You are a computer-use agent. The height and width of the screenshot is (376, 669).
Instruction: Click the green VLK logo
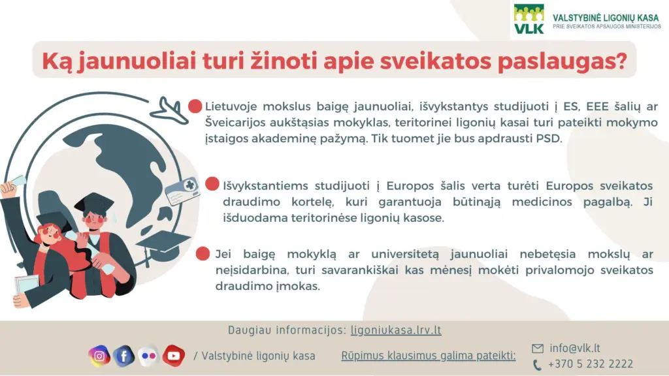click(529, 19)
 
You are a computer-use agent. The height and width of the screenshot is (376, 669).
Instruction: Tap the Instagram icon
click(99, 356)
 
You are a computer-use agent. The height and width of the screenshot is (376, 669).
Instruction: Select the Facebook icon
click(123, 356)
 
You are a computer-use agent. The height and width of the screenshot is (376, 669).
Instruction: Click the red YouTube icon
click(173, 356)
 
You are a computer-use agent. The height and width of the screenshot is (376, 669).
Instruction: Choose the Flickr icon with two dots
click(148, 356)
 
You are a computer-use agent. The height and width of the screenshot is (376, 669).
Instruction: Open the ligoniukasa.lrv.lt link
click(396, 330)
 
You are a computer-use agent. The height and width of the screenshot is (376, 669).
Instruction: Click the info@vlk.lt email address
click(575, 349)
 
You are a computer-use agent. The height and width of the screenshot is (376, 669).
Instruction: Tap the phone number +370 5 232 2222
click(591, 364)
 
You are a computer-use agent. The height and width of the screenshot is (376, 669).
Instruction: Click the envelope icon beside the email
click(538, 349)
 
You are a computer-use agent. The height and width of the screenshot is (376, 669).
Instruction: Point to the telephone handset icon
click(537, 365)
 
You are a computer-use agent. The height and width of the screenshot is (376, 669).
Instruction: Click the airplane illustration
click(169, 111)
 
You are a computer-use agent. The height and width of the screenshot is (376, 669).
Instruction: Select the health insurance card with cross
click(182, 191)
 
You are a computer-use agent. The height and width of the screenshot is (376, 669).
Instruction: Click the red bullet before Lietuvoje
click(195, 106)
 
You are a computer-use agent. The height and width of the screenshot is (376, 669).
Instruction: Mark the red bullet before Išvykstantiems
click(212, 183)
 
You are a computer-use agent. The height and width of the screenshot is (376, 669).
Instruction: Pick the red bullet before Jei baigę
click(203, 253)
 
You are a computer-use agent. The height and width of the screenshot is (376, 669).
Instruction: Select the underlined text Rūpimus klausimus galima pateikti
click(429, 356)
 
